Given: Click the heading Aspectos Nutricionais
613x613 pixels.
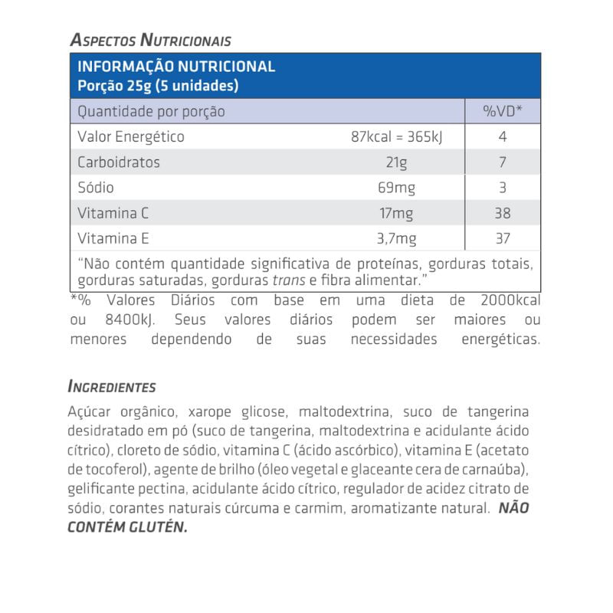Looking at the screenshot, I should point(149,40).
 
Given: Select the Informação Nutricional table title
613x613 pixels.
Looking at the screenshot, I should point(176,67).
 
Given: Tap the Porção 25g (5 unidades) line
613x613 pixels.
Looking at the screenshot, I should point(158,86).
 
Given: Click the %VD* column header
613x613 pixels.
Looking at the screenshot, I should point(503,112).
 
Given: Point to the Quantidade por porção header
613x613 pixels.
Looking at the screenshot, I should point(152,112).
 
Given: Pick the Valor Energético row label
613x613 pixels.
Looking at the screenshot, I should point(131,137).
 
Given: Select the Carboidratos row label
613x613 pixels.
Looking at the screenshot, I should point(119,162).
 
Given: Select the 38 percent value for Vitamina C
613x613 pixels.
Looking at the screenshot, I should point(503,213).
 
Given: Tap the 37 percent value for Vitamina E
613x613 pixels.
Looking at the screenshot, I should point(503,238).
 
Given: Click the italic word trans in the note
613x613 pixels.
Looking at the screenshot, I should point(287,280).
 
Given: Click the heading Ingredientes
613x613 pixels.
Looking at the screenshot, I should point(112,387).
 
